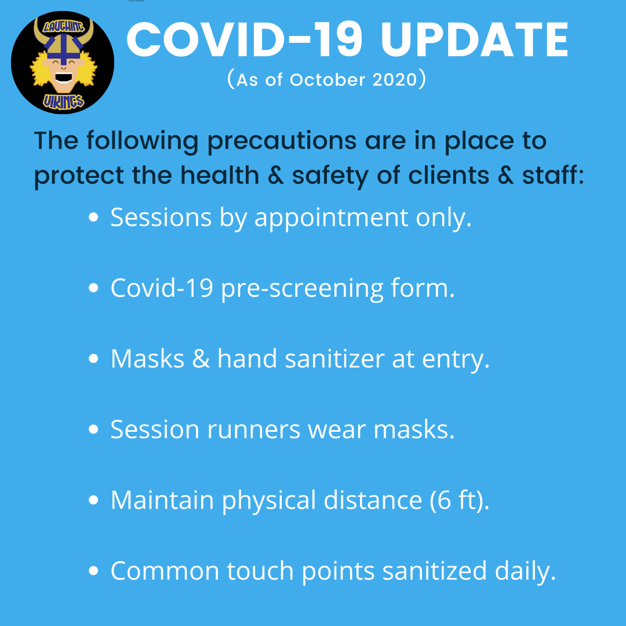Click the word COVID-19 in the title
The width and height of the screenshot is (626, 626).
tap(245, 40)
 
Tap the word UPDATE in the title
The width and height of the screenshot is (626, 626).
tap(475, 40)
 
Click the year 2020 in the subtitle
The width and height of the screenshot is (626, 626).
tap(395, 80)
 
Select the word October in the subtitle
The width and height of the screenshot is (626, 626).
tap(327, 80)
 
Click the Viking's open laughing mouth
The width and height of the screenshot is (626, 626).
tap(64, 78)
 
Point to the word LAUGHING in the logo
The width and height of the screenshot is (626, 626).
tap(64, 27)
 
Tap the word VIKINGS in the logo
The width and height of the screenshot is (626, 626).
tap(64, 102)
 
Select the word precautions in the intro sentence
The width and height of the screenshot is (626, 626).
tap(282, 141)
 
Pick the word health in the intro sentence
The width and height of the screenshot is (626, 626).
tap(220, 175)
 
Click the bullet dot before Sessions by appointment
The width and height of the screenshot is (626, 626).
tap(93, 217)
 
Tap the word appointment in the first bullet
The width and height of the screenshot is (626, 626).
tap(332, 219)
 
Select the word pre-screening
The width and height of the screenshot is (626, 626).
tap(302, 289)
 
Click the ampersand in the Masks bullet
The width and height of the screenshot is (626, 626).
tap(201, 359)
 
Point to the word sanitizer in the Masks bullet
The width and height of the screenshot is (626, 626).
tap(334, 359)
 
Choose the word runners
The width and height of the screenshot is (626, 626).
tap(253, 430)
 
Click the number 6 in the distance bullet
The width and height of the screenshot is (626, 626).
tap(444, 500)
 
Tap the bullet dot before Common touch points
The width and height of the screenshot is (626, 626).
tap(93, 571)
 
